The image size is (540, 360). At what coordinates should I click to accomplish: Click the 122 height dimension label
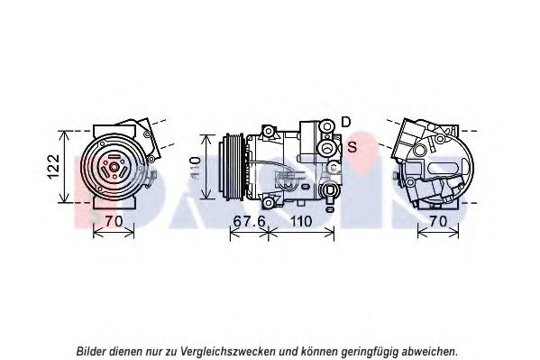click(x=54, y=167)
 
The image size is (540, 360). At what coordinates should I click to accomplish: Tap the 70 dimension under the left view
click(x=114, y=221)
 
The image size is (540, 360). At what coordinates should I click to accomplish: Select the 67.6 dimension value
click(x=249, y=221)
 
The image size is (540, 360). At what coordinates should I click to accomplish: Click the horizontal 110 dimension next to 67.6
click(x=301, y=221)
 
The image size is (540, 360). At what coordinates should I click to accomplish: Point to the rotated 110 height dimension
click(x=196, y=168)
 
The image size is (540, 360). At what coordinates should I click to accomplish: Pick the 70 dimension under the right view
click(x=438, y=221)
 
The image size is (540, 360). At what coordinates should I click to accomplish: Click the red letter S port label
click(x=352, y=147)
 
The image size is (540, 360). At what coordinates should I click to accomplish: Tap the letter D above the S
click(x=346, y=122)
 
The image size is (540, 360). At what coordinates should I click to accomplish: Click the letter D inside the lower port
click(x=330, y=190)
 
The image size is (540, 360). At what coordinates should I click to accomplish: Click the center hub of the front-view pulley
click(x=114, y=168)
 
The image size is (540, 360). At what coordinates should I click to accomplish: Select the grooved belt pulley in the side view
click(x=233, y=167)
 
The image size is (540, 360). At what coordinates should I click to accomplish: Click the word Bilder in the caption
click(x=91, y=351)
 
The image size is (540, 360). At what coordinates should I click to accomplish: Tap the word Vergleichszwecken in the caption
click(x=228, y=352)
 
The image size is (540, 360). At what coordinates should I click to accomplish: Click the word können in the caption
click(x=319, y=351)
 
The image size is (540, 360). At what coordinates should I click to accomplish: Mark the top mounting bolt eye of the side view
click(x=269, y=132)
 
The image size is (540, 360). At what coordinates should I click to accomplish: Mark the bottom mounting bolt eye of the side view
click(x=269, y=203)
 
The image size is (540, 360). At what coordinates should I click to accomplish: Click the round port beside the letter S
click(x=325, y=148)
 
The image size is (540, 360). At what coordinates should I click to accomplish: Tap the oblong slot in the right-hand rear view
click(x=439, y=168)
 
